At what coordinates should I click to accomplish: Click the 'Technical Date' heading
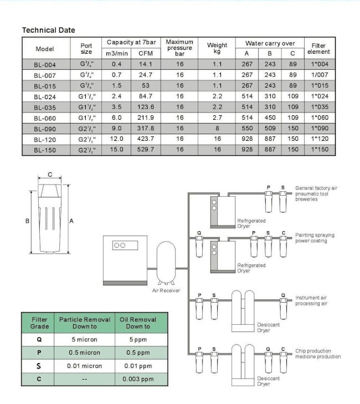pos(48,30)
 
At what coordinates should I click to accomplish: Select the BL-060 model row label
pos(44,117)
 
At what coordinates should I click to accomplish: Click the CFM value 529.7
pos(146,150)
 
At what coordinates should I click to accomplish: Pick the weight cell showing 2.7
pos(217,117)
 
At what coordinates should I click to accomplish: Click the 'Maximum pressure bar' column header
pos(179,48)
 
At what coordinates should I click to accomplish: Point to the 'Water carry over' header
pos(270,43)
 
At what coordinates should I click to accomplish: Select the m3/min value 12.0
pos(116,139)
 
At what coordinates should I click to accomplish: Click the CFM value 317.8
pos(146,128)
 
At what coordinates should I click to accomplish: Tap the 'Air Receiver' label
pos(166,290)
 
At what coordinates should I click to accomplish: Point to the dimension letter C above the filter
pos(50,175)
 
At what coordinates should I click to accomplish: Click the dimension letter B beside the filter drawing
pos(27,221)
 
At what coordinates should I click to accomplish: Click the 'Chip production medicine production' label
pos(318,353)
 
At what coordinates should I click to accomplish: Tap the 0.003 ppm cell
pos(138,380)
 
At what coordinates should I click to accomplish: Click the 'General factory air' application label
pos(316,188)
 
